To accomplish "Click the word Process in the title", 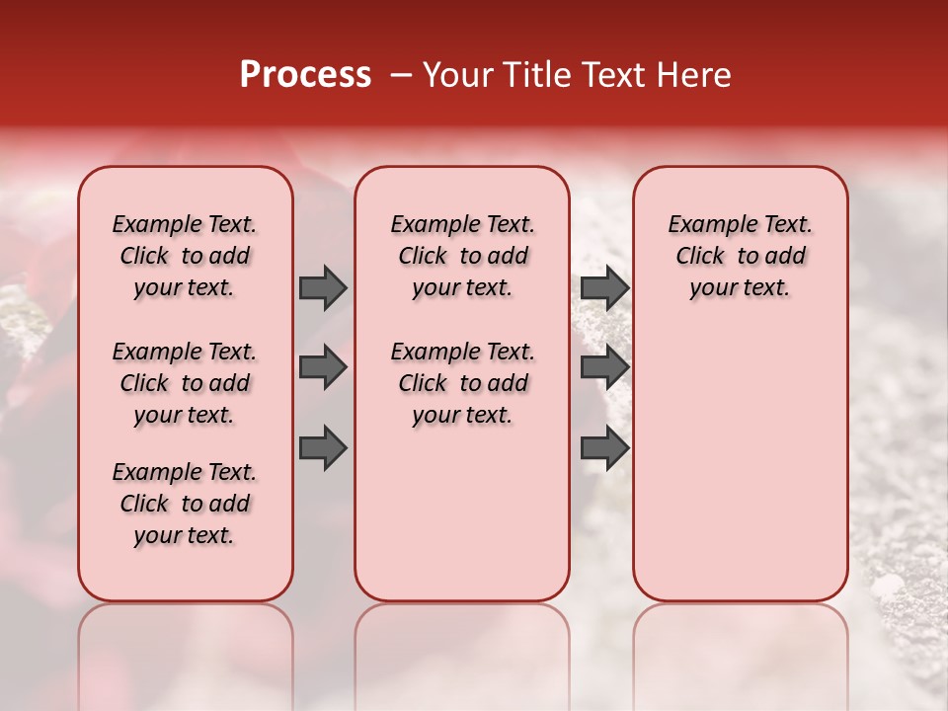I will click(305, 75).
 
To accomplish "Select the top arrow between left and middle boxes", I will click(323, 287).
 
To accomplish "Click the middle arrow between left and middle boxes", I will click(323, 368).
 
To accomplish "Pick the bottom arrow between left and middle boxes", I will click(323, 448).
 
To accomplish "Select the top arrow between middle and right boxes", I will click(604, 287).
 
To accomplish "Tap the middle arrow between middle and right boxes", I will click(604, 368).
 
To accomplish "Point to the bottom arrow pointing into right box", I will click(604, 448).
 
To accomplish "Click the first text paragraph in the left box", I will click(185, 256).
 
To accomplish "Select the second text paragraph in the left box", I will click(185, 383).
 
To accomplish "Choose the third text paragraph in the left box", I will click(185, 504).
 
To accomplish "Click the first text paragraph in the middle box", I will click(462, 256).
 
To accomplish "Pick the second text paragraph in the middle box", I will click(462, 383).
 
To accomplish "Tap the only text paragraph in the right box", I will click(740, 256).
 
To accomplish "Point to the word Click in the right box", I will click(700, 257).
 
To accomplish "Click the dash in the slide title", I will click(401, 75).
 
